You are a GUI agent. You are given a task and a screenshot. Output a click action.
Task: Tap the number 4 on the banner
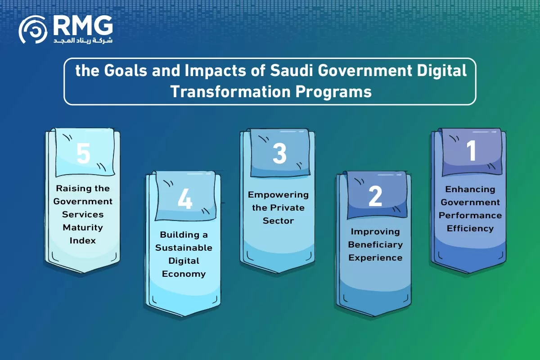(x=185, y=198)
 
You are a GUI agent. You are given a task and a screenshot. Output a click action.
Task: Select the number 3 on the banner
(x=279, y=153)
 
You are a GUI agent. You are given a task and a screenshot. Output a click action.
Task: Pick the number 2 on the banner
(x=375, y=196)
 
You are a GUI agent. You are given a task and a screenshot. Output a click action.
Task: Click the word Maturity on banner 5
(x=83, y=227)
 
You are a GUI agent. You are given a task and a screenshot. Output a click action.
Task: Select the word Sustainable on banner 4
(x=184, y=247)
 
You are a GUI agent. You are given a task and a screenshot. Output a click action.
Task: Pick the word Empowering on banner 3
(x=278, y=194)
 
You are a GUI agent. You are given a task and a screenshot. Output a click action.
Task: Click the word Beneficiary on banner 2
(x=375, y=244)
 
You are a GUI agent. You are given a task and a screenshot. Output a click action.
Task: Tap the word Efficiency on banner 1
(x=470, y=228)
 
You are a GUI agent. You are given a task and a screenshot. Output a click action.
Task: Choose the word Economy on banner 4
(x=184, y=274)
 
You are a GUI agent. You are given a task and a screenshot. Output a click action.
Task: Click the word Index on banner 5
(x=83, y=240)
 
